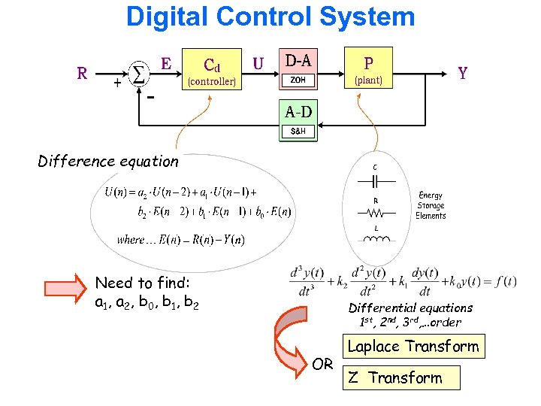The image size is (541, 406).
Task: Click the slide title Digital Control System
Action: [270, 17]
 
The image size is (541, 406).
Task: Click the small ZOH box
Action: [298, 80]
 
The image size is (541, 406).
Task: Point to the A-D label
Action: [298, 113]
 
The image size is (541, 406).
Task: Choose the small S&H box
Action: [298, 132]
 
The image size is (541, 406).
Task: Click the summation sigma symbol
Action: [139, 72]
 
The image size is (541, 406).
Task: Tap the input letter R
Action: [83, 73]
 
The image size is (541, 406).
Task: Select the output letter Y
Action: [463, 73]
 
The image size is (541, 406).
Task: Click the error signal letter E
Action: [166, 63]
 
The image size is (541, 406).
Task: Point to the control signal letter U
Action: [258, 64]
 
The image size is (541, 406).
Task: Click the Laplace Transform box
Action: [413, 347]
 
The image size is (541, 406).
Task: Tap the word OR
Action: [322, 364]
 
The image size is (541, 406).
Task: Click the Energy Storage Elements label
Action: [431, 205]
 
